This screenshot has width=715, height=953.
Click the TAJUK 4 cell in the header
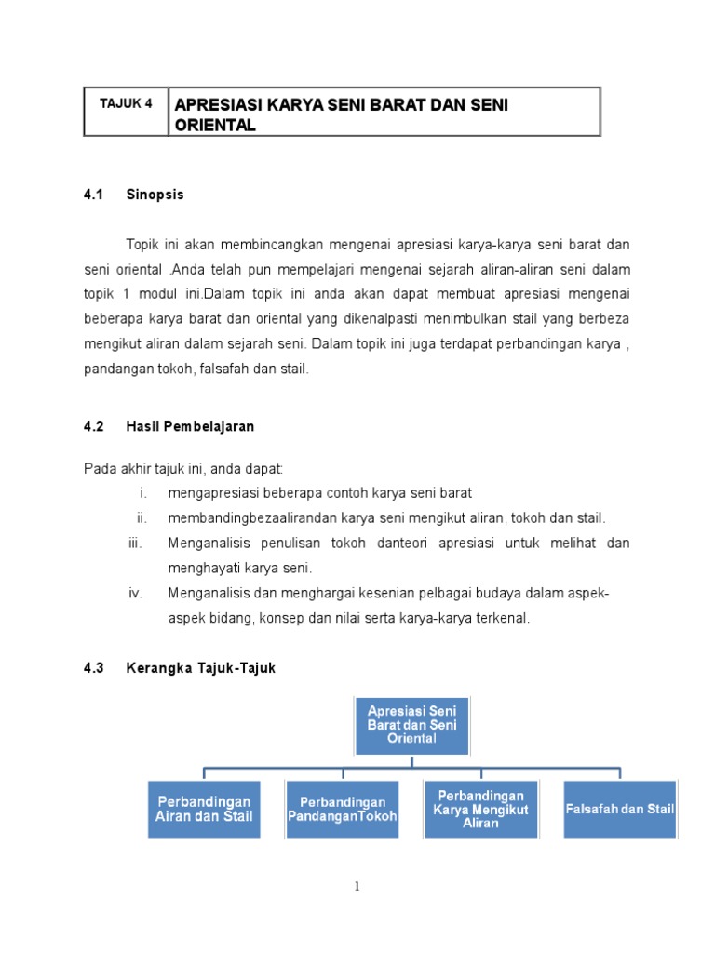[x=126, y=104]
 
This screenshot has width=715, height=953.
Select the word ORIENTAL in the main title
[x=215, y=126]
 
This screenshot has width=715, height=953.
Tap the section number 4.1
[x=92, y=195]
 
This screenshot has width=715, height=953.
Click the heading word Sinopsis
[x=155, y=195]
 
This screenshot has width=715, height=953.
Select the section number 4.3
[x=92, y=668]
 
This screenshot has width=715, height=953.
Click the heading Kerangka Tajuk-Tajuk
[x=201, y=668]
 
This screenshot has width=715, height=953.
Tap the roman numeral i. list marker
[x=143, y=492]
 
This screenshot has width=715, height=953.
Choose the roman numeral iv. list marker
[x=136, y=593]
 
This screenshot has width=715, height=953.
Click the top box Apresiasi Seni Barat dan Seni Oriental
[x=411, y=724]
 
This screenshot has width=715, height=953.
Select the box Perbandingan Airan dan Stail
[x=204, y=809]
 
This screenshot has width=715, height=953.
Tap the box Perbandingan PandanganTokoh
[x=343, y=809]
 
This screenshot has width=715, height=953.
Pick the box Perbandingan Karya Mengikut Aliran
[x=480, y=809]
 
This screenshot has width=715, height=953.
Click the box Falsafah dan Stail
[x=620, y=809]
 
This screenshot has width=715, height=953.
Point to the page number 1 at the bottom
[x=357, y=887]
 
